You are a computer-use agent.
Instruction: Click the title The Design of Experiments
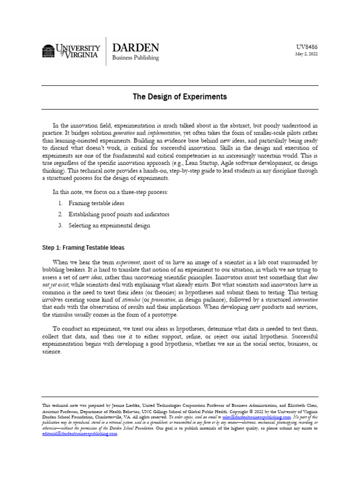(180, 97)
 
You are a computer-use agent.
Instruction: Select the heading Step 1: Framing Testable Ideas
(83, 247)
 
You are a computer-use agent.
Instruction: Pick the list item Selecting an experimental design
(109, 225)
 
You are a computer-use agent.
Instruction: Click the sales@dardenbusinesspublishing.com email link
(256, 416)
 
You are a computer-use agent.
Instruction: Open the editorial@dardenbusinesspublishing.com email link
(80, 434)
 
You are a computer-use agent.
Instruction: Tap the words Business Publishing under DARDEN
(135, 58)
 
